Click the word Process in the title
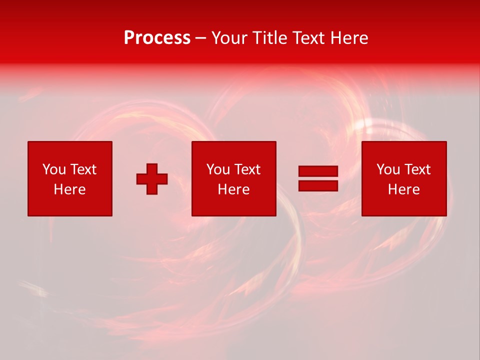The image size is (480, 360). point(157,38)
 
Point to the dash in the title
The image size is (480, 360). point(200,38)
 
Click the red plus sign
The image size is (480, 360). point(152,178)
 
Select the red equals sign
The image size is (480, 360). point(318,178)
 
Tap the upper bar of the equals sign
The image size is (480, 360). point(318,171)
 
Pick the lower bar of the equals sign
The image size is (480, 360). point(318,185)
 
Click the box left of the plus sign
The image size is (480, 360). point(69,178)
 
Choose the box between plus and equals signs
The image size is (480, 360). point(233,178)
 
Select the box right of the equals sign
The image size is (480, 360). point(403,178)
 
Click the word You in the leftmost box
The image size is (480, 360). point(53,169)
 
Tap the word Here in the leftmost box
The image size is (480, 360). point(69,189)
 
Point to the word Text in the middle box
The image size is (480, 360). point(246,169)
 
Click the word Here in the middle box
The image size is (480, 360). point(233,189)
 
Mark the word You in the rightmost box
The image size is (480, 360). point(387,169)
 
